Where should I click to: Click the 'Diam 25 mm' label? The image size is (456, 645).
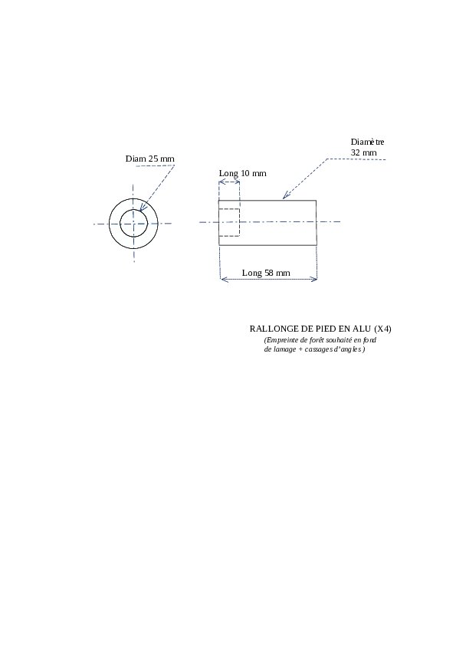149,159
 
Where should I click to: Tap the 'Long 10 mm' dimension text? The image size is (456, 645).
242,173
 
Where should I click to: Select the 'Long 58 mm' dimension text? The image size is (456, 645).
266,273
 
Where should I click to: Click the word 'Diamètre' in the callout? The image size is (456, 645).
368,142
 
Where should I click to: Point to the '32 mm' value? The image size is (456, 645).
364,152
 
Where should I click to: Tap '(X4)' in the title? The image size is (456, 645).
382,329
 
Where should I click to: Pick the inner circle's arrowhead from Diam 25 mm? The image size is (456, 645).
142,208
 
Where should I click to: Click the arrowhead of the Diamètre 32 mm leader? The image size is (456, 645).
286,196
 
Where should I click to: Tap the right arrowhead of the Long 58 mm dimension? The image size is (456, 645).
314,280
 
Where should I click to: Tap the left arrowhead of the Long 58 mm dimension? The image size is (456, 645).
225,280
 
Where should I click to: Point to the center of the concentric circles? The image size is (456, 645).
133,224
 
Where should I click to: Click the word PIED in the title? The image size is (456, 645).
326,329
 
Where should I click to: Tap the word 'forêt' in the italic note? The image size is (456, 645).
317,340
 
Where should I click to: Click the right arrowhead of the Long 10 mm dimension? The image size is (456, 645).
237,182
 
